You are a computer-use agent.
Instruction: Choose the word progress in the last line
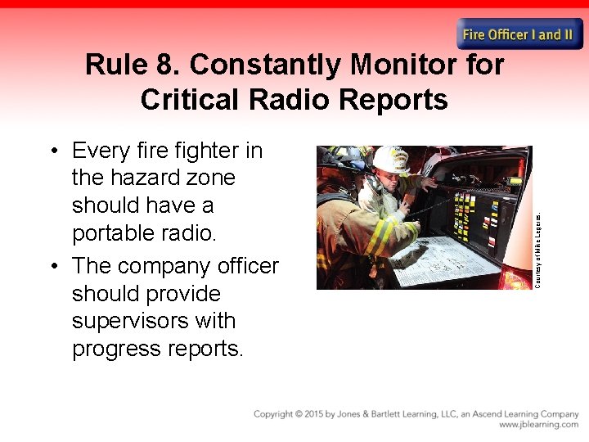pos(118,349)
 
